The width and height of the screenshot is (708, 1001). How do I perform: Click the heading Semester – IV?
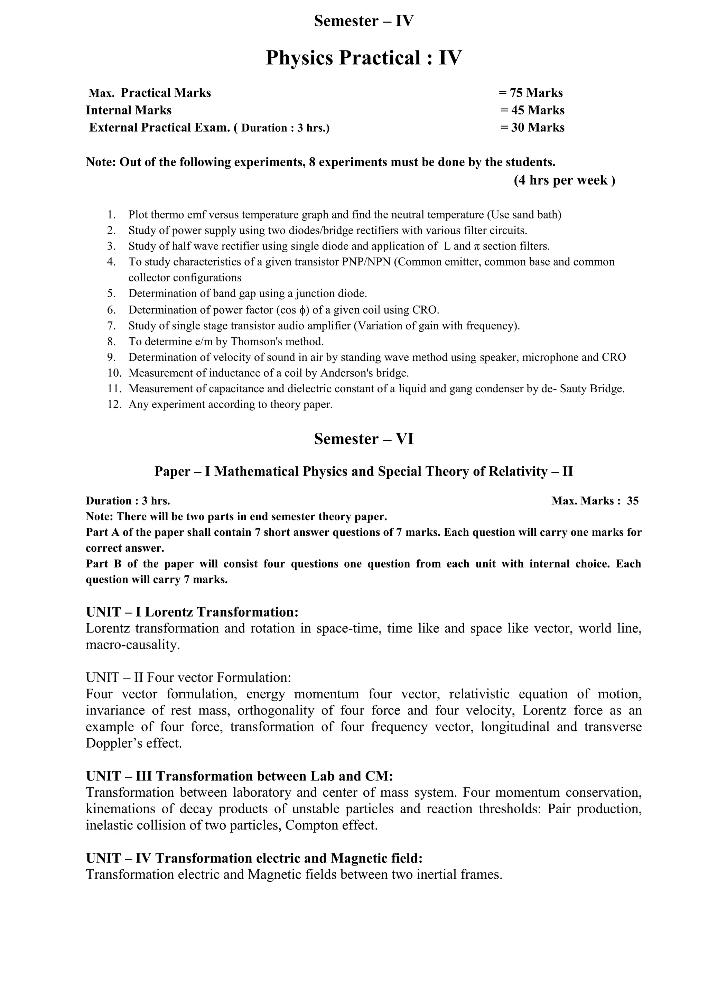(x=364, y=21)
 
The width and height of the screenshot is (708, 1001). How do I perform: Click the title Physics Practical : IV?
(x=364, y=58)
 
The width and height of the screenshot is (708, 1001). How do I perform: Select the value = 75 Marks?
(x=531, y=93)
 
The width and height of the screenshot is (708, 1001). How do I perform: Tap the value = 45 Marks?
(x=532, y=110)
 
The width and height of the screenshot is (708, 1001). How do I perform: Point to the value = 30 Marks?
(x=532, y=128)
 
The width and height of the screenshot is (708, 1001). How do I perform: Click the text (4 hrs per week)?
(x=565, y=180)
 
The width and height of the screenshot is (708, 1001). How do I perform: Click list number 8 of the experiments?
(x=112, y=342)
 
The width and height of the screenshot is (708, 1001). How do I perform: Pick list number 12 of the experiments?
(x=114, y=405)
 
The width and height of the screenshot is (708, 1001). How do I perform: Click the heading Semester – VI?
(x=364, y=439)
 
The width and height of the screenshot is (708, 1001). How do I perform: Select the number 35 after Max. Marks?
(x=633, y=501)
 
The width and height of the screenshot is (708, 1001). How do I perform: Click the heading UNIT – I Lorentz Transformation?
(x=192, y=612)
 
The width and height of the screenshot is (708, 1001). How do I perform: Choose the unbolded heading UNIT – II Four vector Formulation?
(x=188, y=677)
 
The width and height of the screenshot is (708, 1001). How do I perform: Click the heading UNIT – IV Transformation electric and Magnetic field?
(x=254, y=859)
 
